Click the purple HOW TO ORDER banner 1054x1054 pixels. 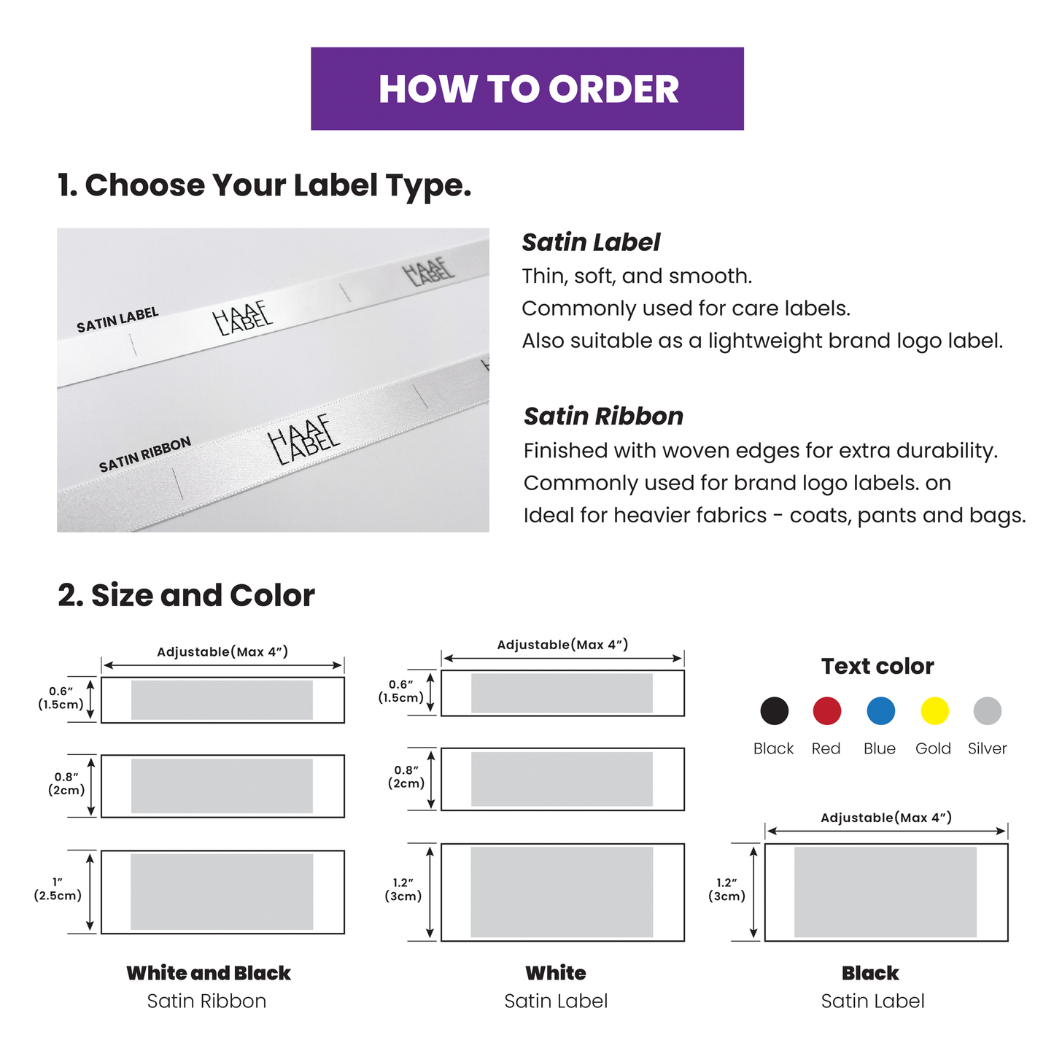[x=527, y=88]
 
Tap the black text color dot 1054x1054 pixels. [x=774, y=710]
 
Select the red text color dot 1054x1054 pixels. [x=826, y=710]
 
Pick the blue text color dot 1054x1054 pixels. [x=880, y=710]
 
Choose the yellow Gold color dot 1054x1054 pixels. [x=934, y=710]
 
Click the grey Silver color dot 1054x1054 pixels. [x=988, y=710]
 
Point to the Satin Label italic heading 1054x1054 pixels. [x=591, y=242]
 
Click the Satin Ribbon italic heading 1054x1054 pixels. [x=603, y=416]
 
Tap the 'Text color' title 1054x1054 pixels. [x=877, y=666]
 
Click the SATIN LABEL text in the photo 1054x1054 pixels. [x=117, y=320]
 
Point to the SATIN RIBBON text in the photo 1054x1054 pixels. [x=145, y=454]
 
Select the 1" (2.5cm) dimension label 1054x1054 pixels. [x=58, y=888]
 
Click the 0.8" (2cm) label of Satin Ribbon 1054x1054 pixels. [x=66, y=783]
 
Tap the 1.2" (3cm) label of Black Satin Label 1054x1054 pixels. [x=726, y=889]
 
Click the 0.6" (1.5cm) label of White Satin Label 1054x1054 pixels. [x=400, y=691]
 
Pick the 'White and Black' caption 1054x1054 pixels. [x=209, y=973]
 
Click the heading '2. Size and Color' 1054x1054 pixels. [x=186, y=595]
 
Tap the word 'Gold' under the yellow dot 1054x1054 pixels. [x=933, y=748]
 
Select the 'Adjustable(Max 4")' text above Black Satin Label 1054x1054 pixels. [x=886, y=817]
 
